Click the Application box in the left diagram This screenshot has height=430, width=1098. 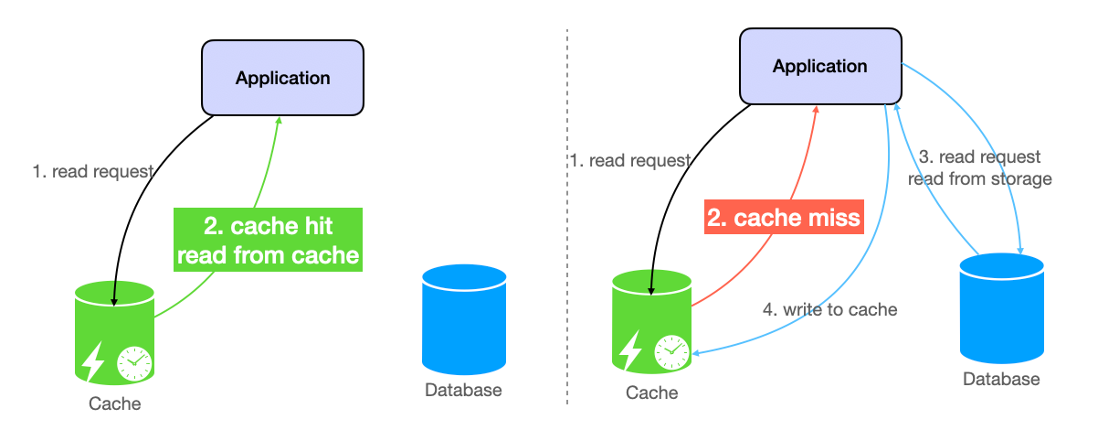point(282,78)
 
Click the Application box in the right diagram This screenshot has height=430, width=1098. point(819,66)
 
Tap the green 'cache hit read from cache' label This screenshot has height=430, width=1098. point(268,240)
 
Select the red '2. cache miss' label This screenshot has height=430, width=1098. point(783,218)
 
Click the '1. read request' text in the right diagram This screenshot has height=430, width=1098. point(629,161)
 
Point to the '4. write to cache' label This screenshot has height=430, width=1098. point(829,309)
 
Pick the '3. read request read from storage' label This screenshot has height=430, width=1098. point(978,168)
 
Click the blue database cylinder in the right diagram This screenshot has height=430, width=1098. point(1001,309)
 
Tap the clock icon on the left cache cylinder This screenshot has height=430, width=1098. point(133,362)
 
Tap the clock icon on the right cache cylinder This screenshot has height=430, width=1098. point(671,351)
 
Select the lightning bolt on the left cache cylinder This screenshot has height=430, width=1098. point(94,360)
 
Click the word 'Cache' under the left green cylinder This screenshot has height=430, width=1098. point(115,403)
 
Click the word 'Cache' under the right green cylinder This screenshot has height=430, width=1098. point(652,392)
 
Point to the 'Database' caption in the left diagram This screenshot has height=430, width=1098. point(463,391)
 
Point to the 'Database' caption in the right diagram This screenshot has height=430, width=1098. point(1001,380)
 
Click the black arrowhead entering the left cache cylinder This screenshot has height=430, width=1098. point(113,299)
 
